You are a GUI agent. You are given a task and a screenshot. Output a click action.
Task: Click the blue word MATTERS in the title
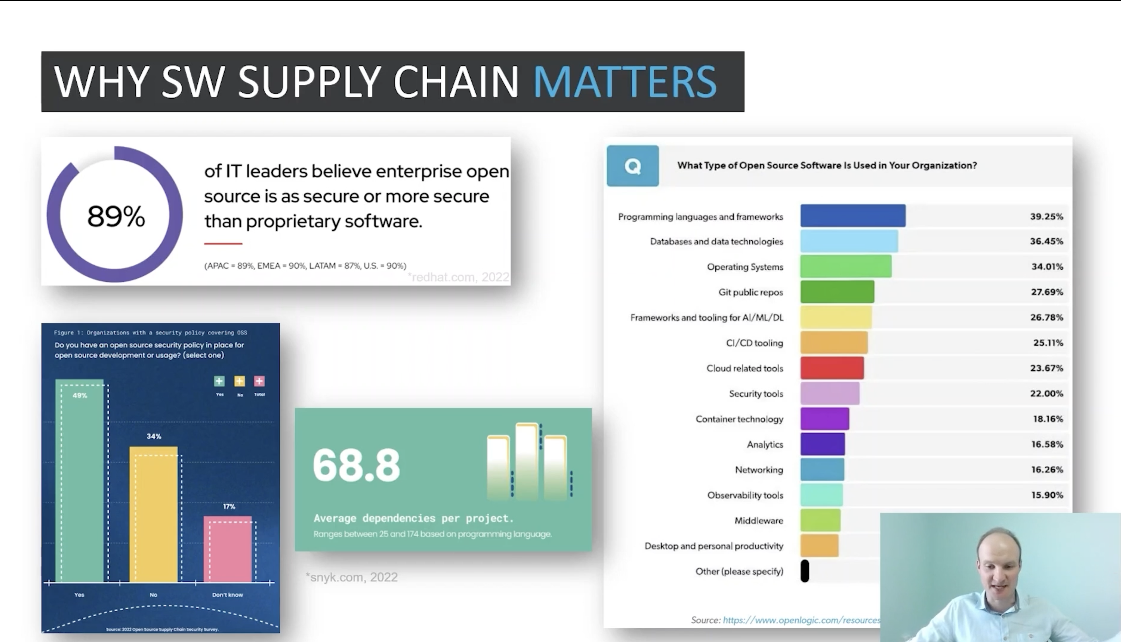click(625, 82)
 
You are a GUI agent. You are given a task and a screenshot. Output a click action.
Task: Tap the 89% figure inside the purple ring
click(116, 216)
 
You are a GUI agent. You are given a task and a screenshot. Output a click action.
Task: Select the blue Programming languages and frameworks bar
click(852, 216)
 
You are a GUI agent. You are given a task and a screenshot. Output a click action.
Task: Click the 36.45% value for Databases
click(1046, 241)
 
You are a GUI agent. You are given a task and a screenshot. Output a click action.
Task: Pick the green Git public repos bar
click(837, 292)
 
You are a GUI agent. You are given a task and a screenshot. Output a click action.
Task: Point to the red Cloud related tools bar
click(832, 368)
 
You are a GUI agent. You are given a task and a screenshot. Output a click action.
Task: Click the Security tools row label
click(755, 394)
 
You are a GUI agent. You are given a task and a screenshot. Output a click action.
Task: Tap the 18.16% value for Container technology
click(1047, 419)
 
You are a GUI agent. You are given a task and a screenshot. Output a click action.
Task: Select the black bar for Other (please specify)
click(805, 571)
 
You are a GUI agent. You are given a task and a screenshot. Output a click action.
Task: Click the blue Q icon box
click(633, 166)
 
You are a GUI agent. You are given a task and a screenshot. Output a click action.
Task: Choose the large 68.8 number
click(356, 465)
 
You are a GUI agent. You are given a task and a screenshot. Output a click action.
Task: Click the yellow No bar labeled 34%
click(154, 514)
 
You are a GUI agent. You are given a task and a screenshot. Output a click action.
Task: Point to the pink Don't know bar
click(228, 549)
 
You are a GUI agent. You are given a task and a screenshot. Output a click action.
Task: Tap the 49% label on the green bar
click(80, 395)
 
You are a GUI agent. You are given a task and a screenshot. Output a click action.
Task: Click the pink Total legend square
click(259, 381)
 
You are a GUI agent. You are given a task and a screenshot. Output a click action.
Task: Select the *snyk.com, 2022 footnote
click(352, 577)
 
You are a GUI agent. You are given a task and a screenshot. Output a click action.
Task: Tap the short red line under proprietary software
click(223, 243)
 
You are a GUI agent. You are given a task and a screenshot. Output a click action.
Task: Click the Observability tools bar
click(821, 495)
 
